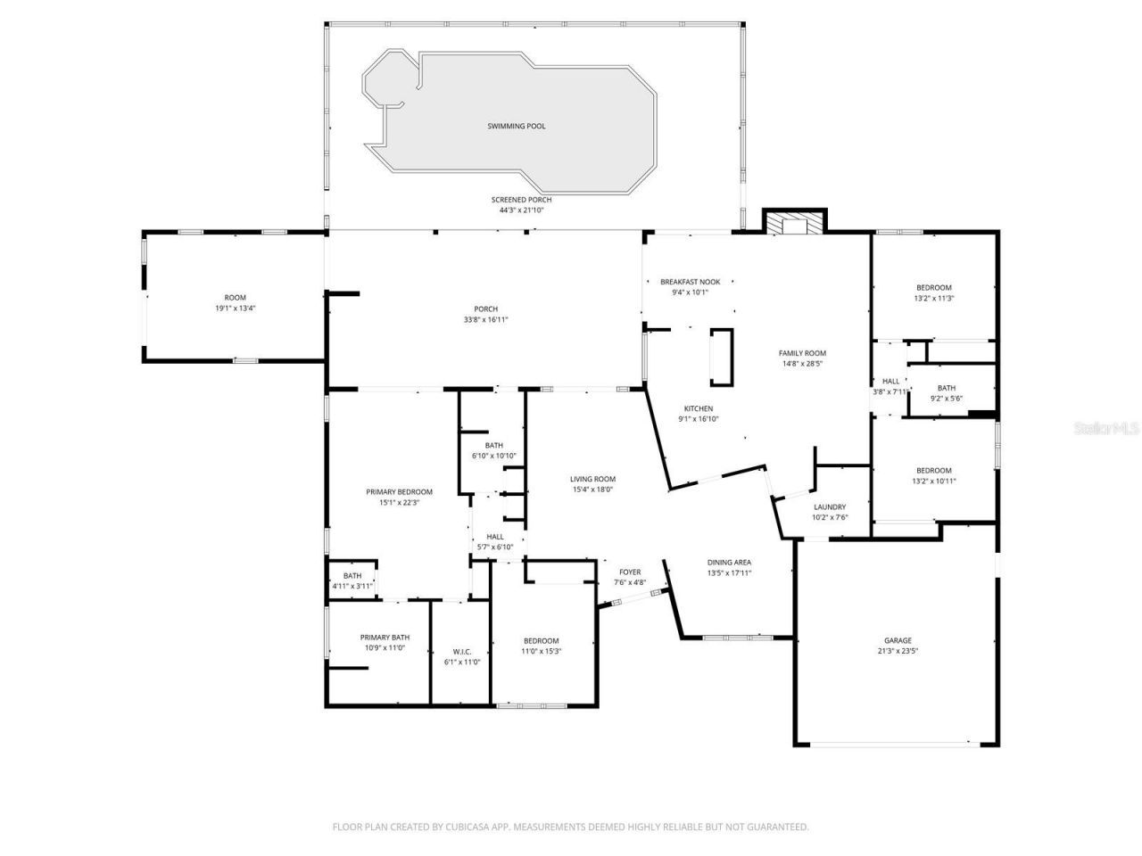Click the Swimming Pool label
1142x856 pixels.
point(516,127)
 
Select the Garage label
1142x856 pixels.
point(898,640)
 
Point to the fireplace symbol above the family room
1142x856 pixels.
point(794,223)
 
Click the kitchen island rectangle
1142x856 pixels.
point(721,357)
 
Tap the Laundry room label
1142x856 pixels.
point(830,507)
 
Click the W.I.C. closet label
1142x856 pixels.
point(462,652)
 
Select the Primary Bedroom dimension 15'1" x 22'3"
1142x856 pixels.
point(399,503)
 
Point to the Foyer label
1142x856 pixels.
point(630,572)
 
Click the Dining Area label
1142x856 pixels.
point(729,563)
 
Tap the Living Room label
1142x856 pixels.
point(592,479)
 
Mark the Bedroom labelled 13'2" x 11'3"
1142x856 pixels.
point(933,292)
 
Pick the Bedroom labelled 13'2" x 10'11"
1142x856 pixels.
point(933,476)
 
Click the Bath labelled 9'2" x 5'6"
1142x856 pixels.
point(946,393)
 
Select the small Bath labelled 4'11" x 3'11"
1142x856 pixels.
point(352,581)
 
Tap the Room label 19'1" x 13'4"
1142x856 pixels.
point(235,302)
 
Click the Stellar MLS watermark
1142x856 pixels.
point(1106,429)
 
